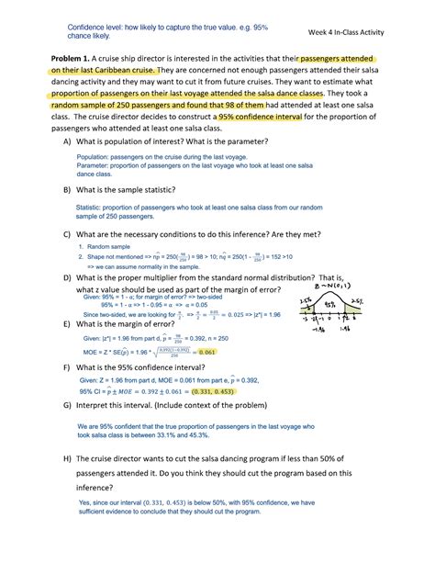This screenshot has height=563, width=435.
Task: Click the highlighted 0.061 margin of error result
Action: point(208,352)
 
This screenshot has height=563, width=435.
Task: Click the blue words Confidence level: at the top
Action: point(98,27)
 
